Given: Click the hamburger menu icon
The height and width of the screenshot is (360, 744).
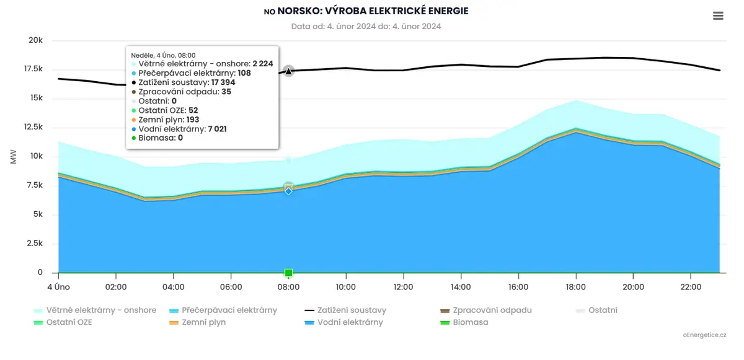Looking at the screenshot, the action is pos(718,15).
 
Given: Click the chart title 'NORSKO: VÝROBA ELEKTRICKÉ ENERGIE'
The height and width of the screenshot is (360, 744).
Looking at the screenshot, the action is pos(373,11).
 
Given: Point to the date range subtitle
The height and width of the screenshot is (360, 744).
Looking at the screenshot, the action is pos(366,26).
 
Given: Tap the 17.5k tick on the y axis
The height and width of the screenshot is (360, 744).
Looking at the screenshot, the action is pos(33,69).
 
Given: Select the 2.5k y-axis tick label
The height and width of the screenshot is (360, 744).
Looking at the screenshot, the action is pos(35,244).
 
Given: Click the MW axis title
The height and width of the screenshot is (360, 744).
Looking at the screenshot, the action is pos(13,157).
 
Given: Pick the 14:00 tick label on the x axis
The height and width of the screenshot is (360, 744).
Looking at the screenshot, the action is pos(461,287).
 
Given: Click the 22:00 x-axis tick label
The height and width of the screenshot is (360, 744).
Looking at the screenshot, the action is pos(691,287).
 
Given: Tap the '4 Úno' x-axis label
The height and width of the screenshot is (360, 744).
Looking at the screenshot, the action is pos(58,287).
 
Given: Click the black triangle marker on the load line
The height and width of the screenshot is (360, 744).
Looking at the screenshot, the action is pos(288,71).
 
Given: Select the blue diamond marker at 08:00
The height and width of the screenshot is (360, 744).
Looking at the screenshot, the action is pos(289,191).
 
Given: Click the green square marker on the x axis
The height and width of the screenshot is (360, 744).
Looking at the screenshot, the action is pos(289,273).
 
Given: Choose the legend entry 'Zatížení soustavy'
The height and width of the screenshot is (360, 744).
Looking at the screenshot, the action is pos(345,310).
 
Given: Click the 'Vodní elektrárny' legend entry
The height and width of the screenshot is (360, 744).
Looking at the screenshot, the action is pos(343,322).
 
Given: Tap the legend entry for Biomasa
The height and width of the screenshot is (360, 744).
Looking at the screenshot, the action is pos(464,322).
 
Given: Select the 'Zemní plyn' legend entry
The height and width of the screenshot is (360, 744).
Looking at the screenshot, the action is pos(197,322).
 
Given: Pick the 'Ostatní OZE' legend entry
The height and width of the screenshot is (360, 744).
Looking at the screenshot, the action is pos(63,322).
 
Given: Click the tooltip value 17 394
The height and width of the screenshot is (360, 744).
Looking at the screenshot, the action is pos(223,82).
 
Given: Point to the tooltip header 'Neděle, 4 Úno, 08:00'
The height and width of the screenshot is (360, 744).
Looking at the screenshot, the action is pos(163,55).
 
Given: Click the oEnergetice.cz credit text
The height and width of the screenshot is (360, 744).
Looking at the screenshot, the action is pos(704,335).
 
